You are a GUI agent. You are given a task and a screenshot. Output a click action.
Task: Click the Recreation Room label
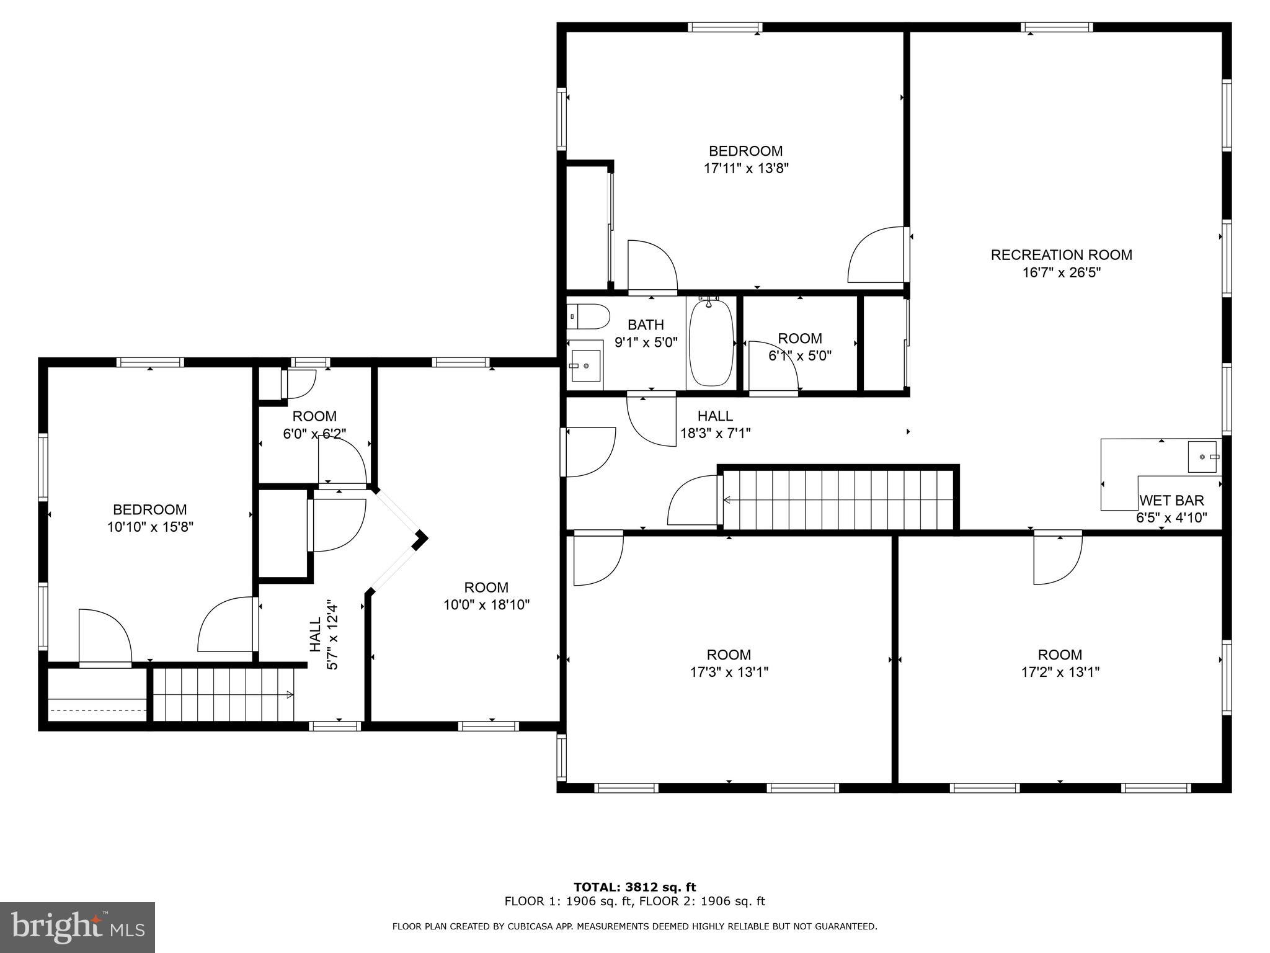click(x=1061, y=255)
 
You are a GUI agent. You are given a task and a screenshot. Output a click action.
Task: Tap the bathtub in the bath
click(x=711, y=343)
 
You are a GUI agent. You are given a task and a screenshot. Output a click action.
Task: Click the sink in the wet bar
click(x=1204, y=457)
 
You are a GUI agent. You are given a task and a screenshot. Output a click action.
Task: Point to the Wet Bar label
click(x=1171, y=500)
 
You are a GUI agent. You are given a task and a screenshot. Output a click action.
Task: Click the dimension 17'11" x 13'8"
click(x=745, y=168)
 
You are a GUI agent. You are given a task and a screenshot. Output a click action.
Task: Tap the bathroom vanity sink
click(x=585, y=366)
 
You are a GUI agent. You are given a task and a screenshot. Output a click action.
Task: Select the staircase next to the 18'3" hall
click(x=837, y=499)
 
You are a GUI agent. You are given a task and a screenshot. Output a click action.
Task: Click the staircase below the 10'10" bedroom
click(x=223, y=695)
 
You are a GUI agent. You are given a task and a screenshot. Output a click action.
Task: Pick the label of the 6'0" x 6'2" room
click(x=314, y=416)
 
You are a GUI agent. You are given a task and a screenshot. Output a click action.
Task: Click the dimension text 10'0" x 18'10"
click(x=486, y=604)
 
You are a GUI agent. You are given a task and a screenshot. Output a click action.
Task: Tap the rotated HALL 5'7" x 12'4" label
click(x=324, y=634)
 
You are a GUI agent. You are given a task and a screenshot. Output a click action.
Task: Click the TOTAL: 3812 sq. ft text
click(x=634, y=887)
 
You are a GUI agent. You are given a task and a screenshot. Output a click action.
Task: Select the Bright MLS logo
click(x=77, y=928)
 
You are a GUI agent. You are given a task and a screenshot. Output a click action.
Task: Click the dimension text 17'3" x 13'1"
click(x=729, y=672)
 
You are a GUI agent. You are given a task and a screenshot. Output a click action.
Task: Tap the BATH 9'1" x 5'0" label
click(x=646, y=333)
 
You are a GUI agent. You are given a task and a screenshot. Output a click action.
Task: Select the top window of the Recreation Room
click(x=1057, y=27)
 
